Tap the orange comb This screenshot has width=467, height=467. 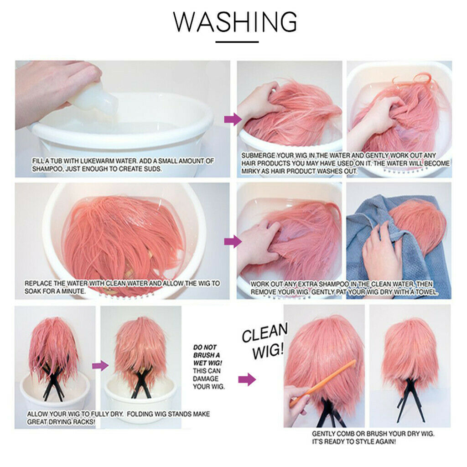(323, 383)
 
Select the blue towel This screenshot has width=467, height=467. (396, 244)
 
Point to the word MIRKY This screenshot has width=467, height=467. (250, 171)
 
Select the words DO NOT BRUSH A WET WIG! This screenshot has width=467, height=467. (208, 355)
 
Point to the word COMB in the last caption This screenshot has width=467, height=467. (345, 434)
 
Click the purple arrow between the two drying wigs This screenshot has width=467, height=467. (100, 365)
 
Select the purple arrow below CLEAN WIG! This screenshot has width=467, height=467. (247, 379)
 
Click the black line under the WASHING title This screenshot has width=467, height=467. (237, 42)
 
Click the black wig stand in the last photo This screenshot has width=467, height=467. (410, 399)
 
